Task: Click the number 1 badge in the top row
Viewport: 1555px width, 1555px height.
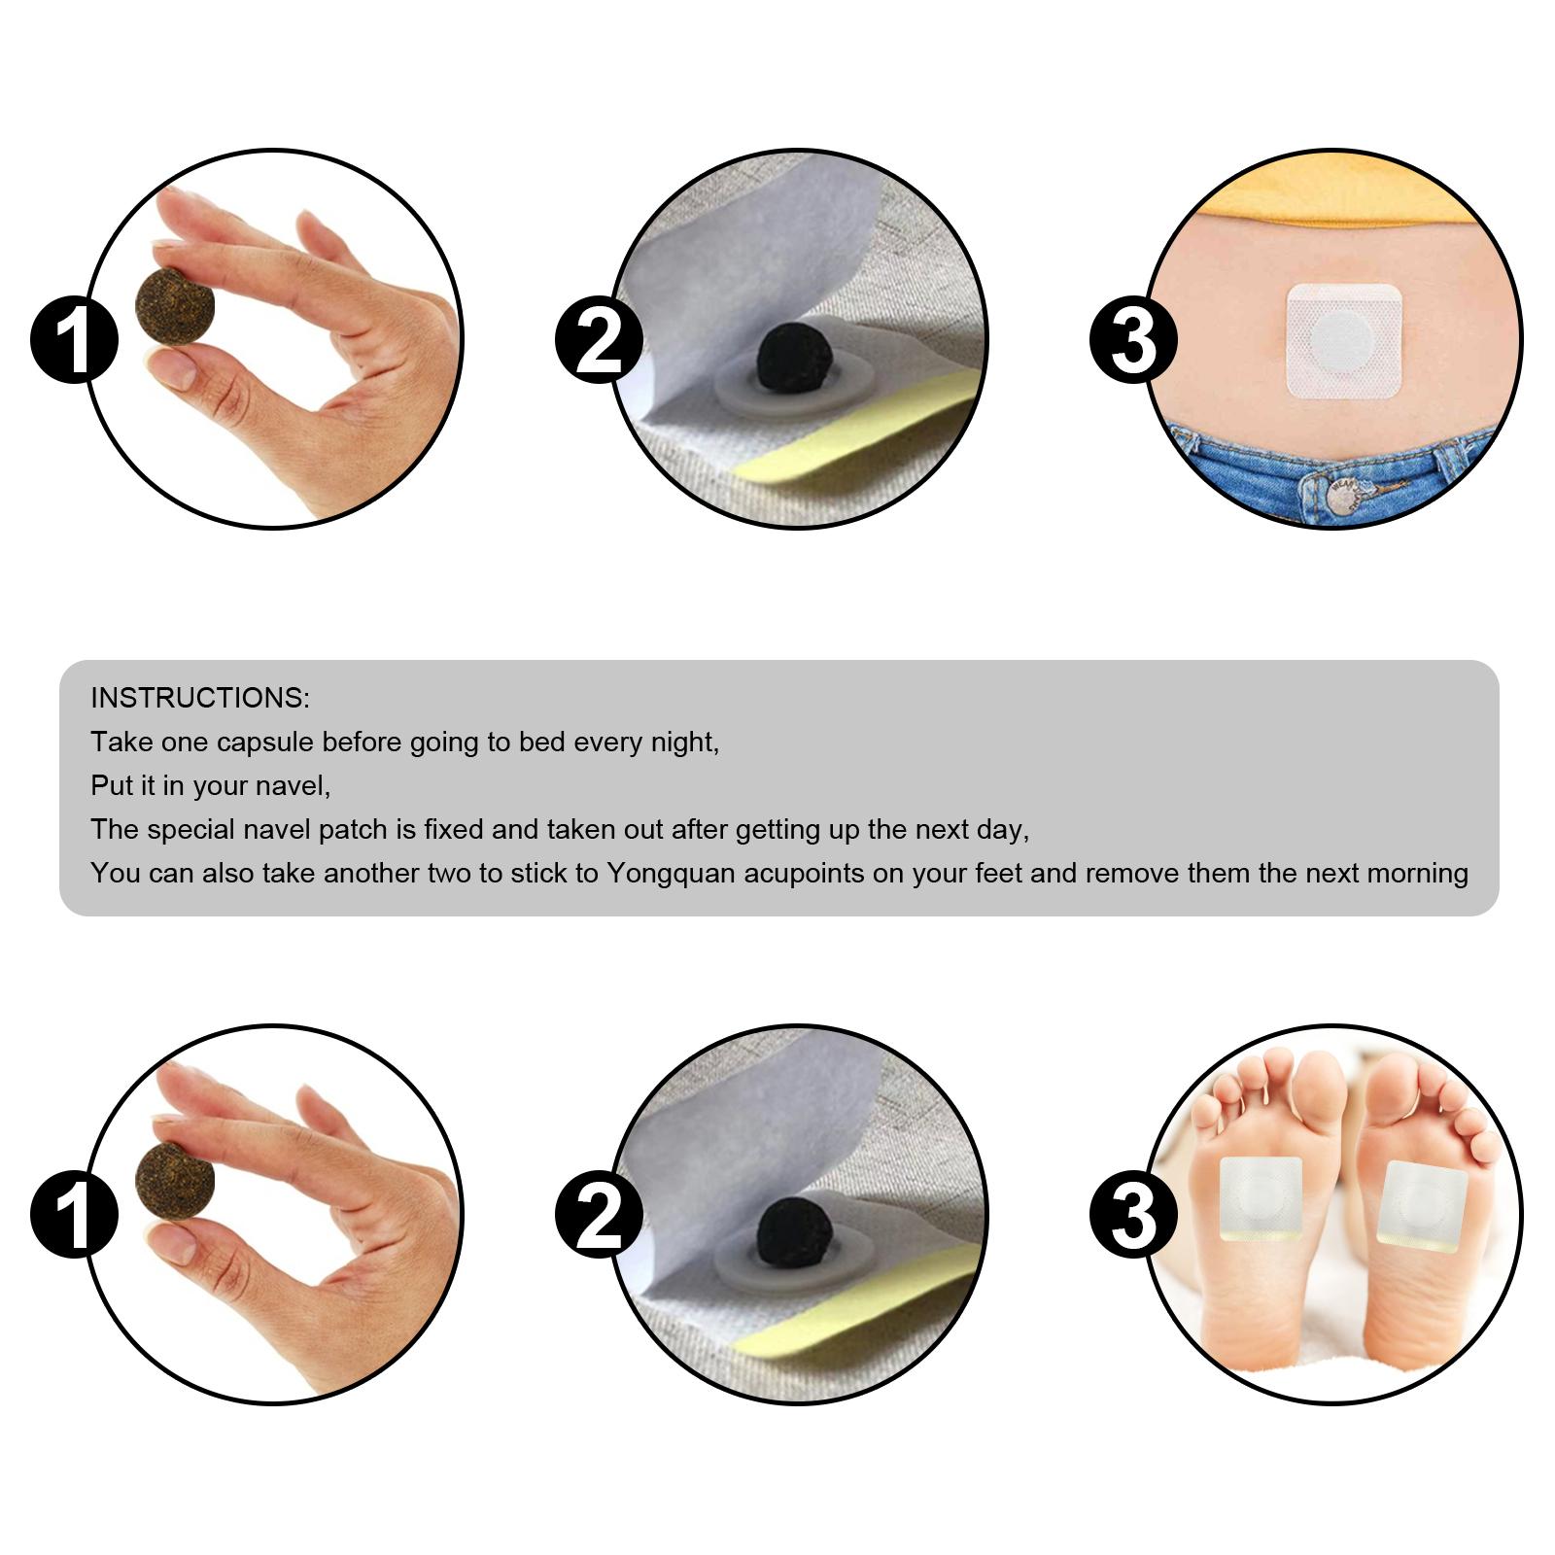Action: coord(74,340)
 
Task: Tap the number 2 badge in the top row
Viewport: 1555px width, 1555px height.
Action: coord(599,340)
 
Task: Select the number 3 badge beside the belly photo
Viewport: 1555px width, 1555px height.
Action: coord(1133,340)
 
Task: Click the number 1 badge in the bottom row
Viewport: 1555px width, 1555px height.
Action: coord(74,1215)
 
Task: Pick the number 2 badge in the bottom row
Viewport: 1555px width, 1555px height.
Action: coord(599,1215)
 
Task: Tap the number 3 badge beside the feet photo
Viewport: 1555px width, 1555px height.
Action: coord(1133,1215)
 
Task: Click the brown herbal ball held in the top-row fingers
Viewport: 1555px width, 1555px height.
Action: coord(175,303)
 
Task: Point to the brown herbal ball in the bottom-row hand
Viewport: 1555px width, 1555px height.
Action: coord(175,1178)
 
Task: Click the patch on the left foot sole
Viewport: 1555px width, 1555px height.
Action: coord(1260,1200)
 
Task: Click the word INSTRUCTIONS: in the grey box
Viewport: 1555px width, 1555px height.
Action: coord(200,698)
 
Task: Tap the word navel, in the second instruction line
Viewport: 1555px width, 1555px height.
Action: coord(297,786)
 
